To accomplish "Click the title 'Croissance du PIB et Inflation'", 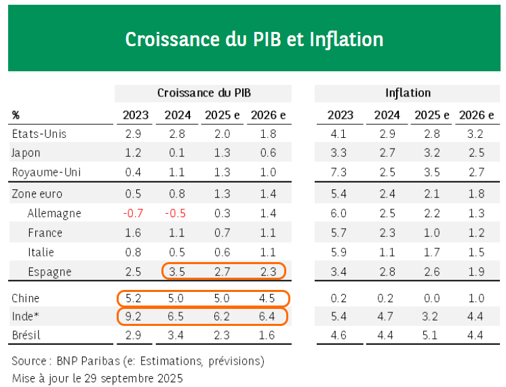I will point(254,39).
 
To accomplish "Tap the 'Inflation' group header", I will point(408,93).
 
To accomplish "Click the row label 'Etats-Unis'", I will point(39,134).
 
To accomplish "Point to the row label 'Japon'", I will point(26,153).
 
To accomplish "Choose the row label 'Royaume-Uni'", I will point(47,172).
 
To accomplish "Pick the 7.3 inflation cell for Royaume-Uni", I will point(339,172).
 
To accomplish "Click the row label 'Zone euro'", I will point(37,194).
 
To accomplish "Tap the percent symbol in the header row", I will point(16,115).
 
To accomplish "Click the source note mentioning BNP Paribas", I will point(138,360).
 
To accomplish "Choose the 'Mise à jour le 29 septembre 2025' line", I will point(97,377).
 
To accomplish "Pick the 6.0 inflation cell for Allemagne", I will point(339,213).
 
